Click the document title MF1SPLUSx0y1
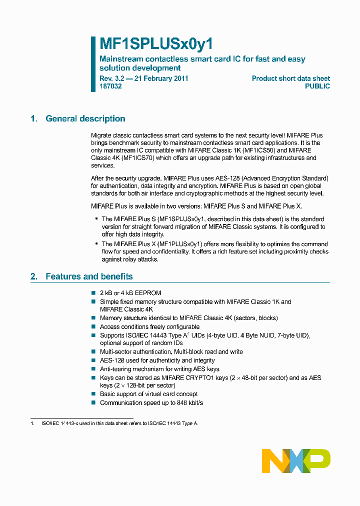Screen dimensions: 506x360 [x=156, y=44]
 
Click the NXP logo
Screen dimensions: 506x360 [x=296, y=461]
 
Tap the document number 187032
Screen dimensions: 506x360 [x=110, y=86]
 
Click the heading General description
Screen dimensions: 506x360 [x=85, y=118]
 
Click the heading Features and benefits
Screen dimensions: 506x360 [x=89, y=276]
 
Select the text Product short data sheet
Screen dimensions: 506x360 [x=290, y=78]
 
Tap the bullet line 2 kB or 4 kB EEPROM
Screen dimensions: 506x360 [x=130, y=293]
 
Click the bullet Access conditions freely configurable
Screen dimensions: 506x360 [x=149, y=326]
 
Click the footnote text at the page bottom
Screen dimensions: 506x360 [x=117, y=423]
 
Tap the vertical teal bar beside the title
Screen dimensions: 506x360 [x=93, y=64]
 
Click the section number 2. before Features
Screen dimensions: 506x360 [x=34, y=276]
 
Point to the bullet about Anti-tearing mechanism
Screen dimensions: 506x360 [x=159, y=369]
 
